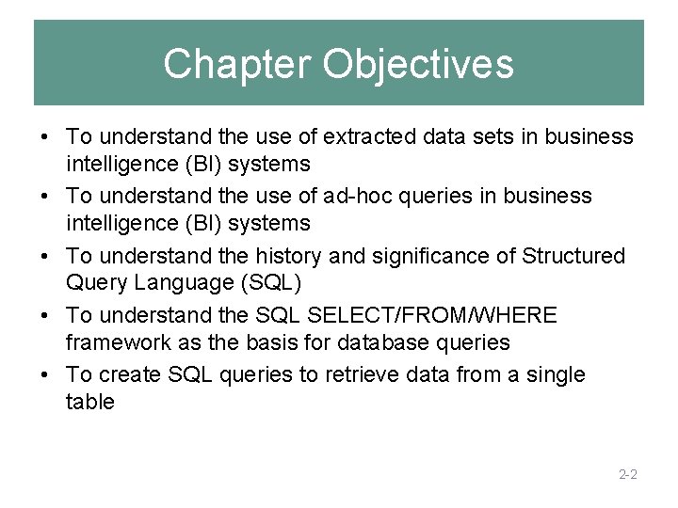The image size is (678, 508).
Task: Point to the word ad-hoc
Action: point(354,197)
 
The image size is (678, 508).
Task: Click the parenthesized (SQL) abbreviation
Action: point(269,283)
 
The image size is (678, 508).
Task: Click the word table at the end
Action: point(90,402)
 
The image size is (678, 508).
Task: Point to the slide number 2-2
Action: point(628,474)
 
